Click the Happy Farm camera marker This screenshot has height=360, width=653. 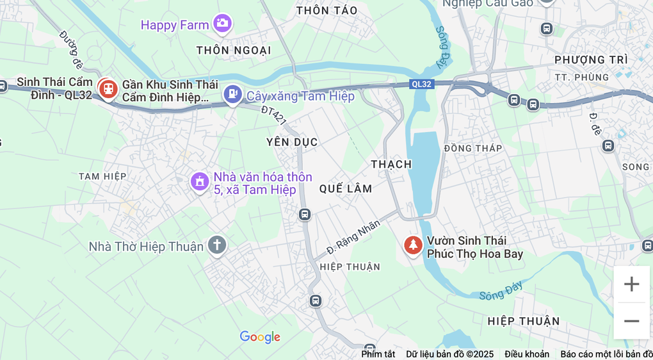click(x=223, y=24)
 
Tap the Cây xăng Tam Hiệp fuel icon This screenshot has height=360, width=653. click(x=232, y=95)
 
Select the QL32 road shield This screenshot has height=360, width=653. click(x=422, y=84)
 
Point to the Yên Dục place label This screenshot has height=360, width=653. click(x=292, y=142)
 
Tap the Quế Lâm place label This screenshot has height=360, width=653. click(x=346, y=188)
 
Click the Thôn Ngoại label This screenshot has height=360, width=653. click(x=234, y=50)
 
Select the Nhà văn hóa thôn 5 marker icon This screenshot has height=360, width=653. click(x=200, y=181)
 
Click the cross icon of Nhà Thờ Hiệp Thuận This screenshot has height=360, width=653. click(x=217, y=245)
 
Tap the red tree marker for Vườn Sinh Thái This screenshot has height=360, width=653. click(x=413, y=245)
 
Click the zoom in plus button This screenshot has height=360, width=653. click(x=631, y=284)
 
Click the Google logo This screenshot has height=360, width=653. click(x=260, y=337)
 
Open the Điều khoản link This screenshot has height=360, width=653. click(x=526, y=354)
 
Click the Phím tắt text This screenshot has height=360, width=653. click(x=378, y=354)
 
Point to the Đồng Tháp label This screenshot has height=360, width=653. click(x=473, y=148)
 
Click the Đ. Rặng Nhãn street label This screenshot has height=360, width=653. click(x=353, y=235)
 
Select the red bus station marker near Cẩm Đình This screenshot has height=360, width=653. click(x=108, y=88)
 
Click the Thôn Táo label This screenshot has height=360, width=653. click(x=327, y=10)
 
